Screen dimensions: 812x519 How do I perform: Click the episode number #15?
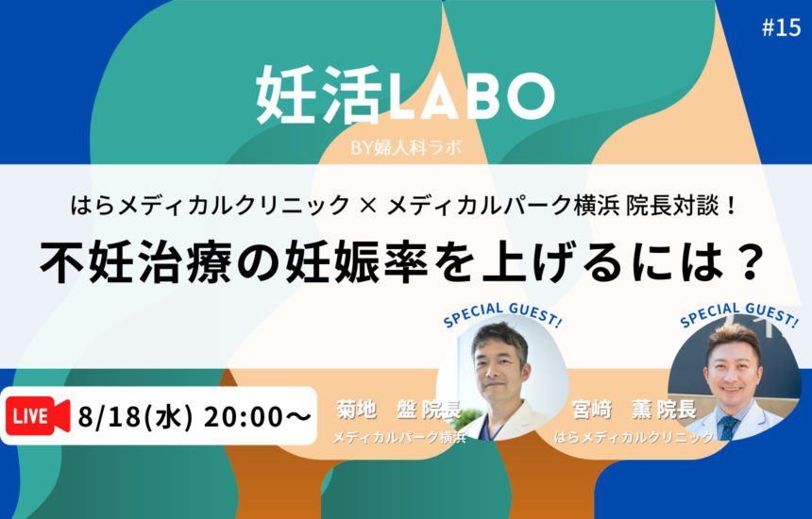pos(782,27)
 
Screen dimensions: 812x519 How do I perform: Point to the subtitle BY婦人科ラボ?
pos(405,148)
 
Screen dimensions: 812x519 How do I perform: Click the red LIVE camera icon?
pos(38,415)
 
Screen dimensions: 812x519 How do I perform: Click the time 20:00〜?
pos(258,416)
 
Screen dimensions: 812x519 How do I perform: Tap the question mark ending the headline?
pos(750,261)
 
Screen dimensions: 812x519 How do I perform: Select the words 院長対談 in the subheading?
pos(672,206)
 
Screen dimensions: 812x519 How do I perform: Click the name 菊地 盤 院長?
pos(398,410)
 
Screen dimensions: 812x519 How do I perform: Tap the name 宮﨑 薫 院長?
pos(634,410)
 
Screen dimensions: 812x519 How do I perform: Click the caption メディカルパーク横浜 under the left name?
pos(399,437)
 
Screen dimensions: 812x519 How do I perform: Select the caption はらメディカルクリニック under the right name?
pos(634,437)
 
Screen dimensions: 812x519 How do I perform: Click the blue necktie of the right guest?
pos(729,427)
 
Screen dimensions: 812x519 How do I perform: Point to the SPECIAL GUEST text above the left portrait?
pos(501,314)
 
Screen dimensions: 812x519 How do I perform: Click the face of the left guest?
pos(498,365)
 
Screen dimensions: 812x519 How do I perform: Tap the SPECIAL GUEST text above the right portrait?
pos(738,314)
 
